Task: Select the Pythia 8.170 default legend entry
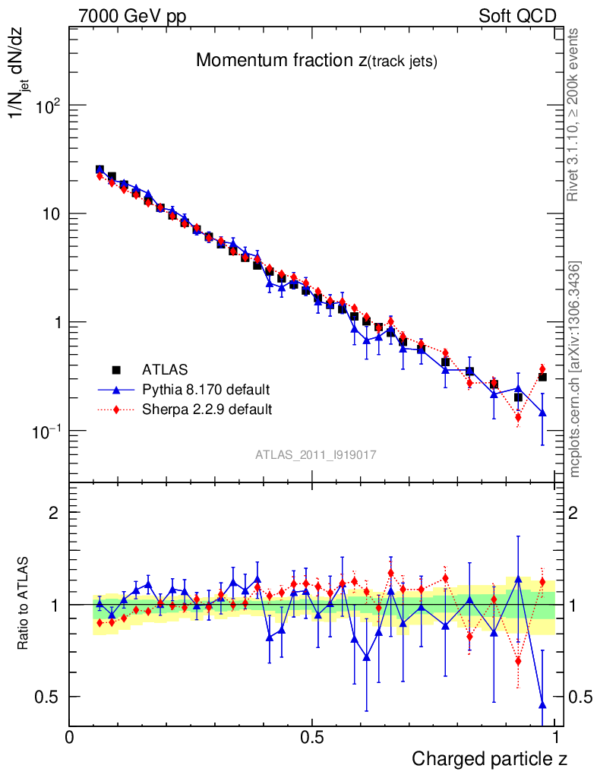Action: click(206, 390)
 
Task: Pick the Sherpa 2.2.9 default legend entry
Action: click(207, 410)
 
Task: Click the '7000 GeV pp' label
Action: click(132, 16)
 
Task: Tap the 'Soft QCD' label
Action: click(517, 16)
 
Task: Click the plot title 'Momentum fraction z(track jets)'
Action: click(316, 61)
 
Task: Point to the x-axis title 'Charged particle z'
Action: click(489, 758)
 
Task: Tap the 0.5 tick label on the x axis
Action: click(311, 737)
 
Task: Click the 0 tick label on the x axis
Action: click(70, 737)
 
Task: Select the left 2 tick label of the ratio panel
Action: click(53, 513)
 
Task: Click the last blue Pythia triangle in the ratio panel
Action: click(542, 704)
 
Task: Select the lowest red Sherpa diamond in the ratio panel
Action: click(518, 661)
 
